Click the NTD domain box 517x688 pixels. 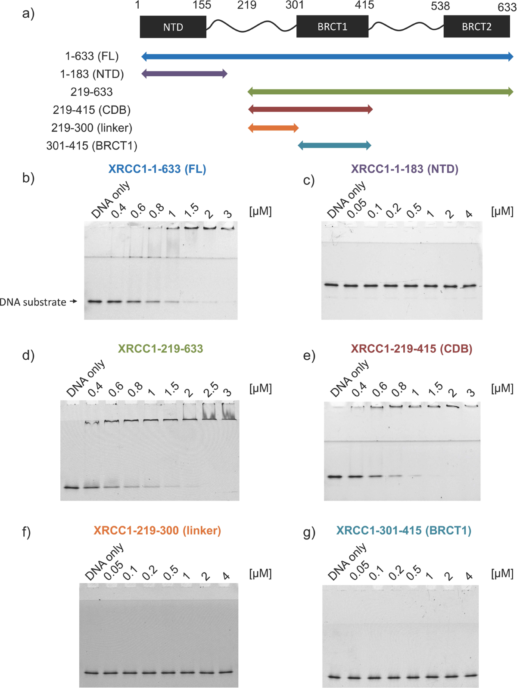point(173,27)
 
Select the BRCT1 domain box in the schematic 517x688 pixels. point(332,27)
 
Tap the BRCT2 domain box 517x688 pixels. point(477,27)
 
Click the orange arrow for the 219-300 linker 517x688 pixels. point(273,128)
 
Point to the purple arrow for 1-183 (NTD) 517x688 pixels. point(184,74)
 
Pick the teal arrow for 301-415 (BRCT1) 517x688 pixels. point(334,145)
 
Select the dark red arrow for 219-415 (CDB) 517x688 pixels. point(310,109)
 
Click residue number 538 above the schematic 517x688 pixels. point(440,6)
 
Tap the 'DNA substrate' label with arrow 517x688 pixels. point(38,302)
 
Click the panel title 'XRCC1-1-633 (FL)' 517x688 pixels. point(157,169)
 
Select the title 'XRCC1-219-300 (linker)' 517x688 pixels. point(157,530)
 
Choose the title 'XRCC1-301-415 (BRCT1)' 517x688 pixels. point(404,530)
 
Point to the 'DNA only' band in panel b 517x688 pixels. point(95,301)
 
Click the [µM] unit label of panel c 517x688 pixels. point(502,211)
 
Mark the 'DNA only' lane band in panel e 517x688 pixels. point(335,476)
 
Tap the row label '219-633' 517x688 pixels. point(91,92)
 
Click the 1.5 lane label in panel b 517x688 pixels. point(191,209)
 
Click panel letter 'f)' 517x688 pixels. point(27,532)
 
